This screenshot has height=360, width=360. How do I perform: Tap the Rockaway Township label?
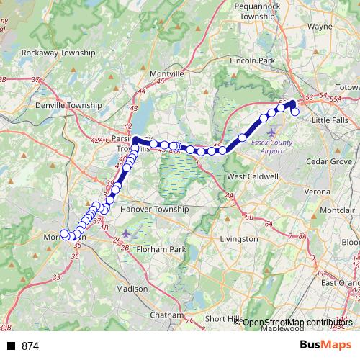[58, 53]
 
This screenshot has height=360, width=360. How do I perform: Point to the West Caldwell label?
[251, 176]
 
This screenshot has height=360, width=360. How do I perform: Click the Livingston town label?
[238, 238]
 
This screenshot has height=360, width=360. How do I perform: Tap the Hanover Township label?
[155, 210]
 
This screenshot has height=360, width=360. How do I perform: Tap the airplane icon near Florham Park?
[127, 233]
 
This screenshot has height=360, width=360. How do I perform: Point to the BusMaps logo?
[325, 346]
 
